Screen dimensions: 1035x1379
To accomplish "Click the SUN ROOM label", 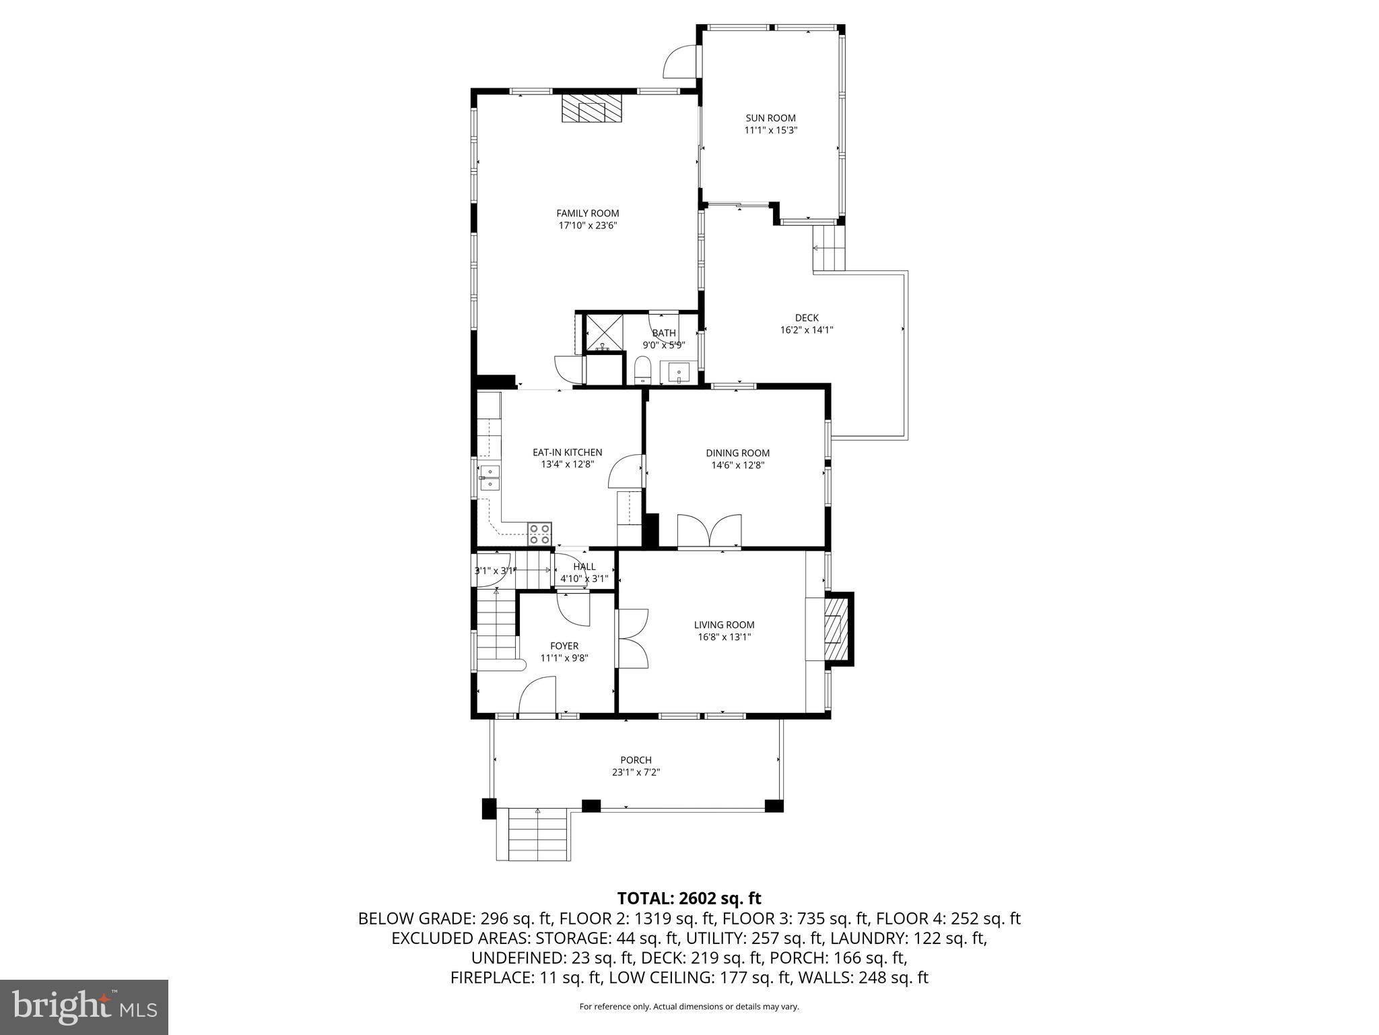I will tap(770, 118).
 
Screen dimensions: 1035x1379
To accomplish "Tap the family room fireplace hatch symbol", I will tap(592, 108).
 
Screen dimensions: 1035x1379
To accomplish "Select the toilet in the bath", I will tap(642, 370).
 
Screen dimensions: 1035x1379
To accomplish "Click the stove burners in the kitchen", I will tap(539, 534).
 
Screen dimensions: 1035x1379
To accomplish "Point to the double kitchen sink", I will tap(490, 477).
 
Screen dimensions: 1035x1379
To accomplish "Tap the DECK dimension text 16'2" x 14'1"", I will tap(806, 330).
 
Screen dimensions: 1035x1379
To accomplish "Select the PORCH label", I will tap(636, 760).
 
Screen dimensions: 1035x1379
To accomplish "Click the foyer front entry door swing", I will tap(537, 697).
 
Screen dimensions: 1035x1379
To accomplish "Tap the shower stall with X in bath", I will tap(603, 333).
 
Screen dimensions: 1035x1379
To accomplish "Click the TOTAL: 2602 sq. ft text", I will tap(689, 898).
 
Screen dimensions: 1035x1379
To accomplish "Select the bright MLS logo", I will tap(84, 1007).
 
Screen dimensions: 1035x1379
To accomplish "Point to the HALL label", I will tap(584, 567).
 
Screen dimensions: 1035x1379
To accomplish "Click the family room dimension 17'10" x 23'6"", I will tap(587, 226).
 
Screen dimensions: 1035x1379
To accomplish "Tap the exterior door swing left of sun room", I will tap(680, 63).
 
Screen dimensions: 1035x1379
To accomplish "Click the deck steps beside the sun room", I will tap(828, 248).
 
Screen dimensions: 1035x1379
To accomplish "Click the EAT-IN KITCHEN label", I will tap(567, 452).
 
